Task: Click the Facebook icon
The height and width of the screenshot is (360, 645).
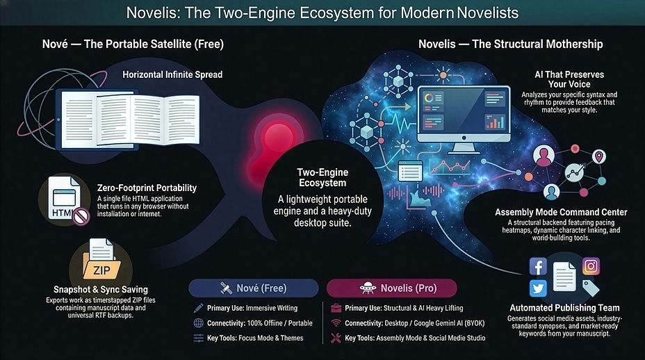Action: tap(538, 266)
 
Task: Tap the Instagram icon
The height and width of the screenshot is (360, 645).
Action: tap(591, 266)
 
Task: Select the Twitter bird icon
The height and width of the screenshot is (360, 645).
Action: tap(538, 288)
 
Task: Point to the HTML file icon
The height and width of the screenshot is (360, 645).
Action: tap(65, 199)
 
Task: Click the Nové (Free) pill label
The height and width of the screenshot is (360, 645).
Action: tap(254, 288)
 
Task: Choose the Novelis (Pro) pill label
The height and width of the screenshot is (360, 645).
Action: tap(391, 288)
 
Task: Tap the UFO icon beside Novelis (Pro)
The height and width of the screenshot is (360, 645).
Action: tap(368, 288)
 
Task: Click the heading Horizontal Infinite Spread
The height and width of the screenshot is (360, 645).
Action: tap(172, 74)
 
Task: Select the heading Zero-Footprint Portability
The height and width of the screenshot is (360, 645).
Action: tap(147, 188)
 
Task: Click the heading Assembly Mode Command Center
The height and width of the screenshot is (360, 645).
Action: tap(561, 212)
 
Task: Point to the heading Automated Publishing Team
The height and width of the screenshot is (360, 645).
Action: tap(564, 308)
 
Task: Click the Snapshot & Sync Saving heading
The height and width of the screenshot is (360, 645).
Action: tap(101, 290)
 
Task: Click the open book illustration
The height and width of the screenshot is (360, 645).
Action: tap(130, 120)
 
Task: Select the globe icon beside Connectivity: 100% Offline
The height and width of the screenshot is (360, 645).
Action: tap(198, 323)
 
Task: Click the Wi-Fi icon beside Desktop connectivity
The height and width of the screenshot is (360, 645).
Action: tap(336, 323)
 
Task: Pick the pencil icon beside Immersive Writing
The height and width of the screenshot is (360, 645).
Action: tap(198, 308)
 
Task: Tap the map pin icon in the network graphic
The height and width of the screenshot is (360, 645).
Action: tap(599, 157)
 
